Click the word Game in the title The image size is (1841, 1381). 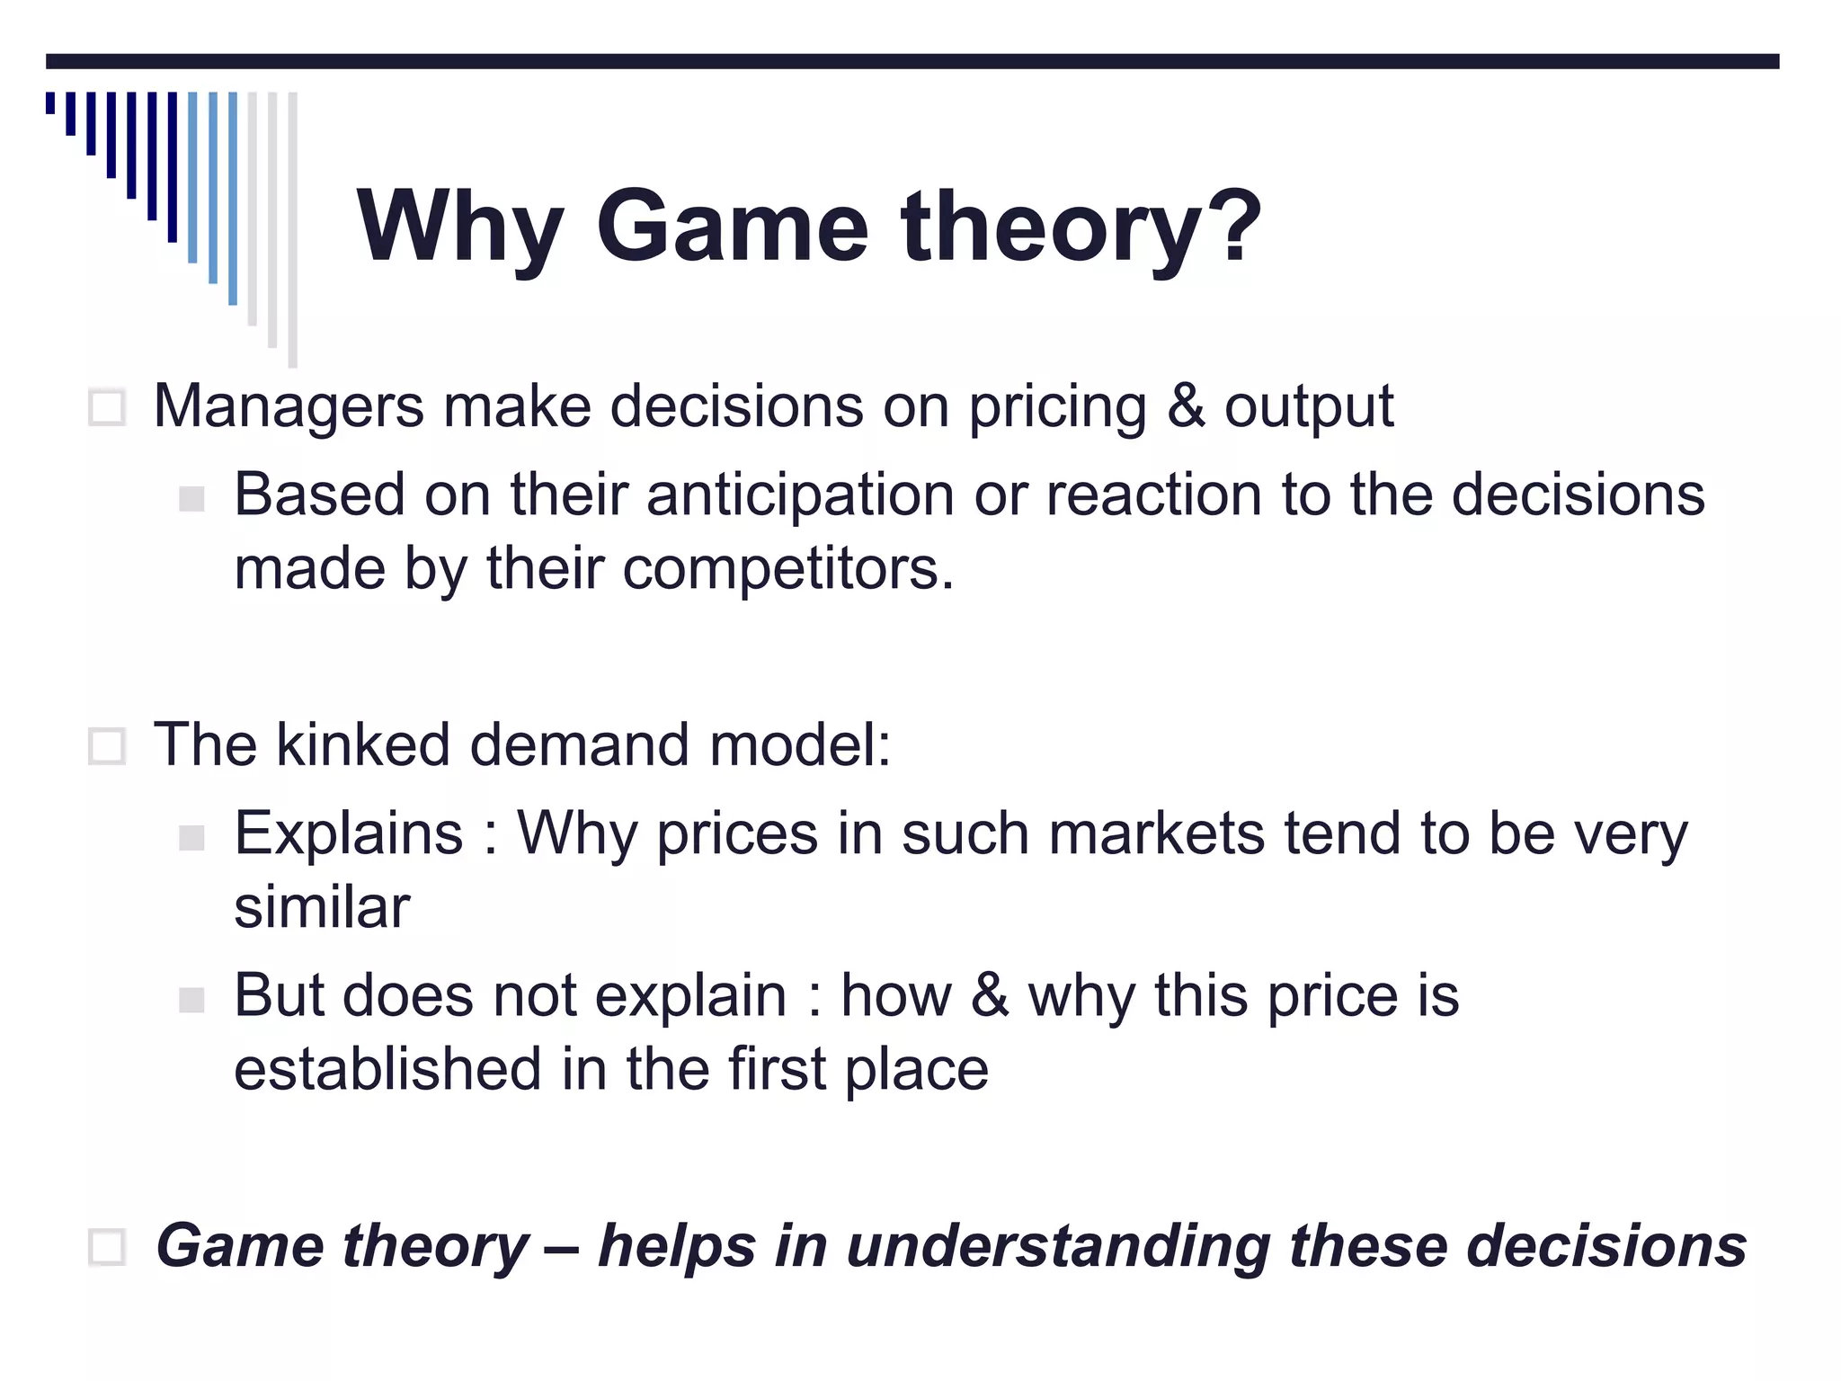pyautogui.click(x=732, y=227)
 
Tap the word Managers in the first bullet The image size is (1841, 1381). pyautogui.click(x=289, y=407)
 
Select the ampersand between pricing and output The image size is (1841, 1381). pyautogui.click(x=1185, y=406)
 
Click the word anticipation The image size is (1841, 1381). pyautogui.click(x=800, y=496)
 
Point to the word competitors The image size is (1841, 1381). pyautogui.click(x=787, y=570)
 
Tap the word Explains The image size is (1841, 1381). pyautogui.click(x=349, y=833)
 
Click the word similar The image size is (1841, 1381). pyautogui.click(x=322, y=907)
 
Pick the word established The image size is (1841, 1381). pyautogui.click(x=387, y=1069)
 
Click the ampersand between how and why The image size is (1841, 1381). pyautogui.click(x=990, y=995)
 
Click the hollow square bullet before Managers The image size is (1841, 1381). pyautogui.click(x=107, y=408)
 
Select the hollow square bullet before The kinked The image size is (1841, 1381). pyautogui.click(x=107, y=746)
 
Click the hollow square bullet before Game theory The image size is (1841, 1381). pyautogui.click(x=107, y=1247)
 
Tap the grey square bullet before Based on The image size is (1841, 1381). pyautogui.click(x=191, y=499)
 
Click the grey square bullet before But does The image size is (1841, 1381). pyautogui.click(x=191, y=1000)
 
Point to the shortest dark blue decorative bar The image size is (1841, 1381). pyautogui.click(x=50, y=102)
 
